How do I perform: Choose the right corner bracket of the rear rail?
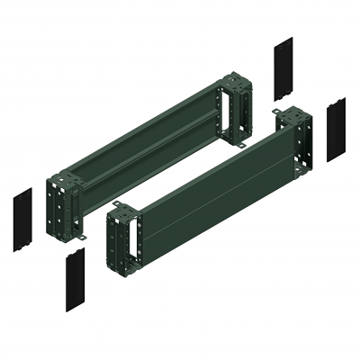click(236, 112)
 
